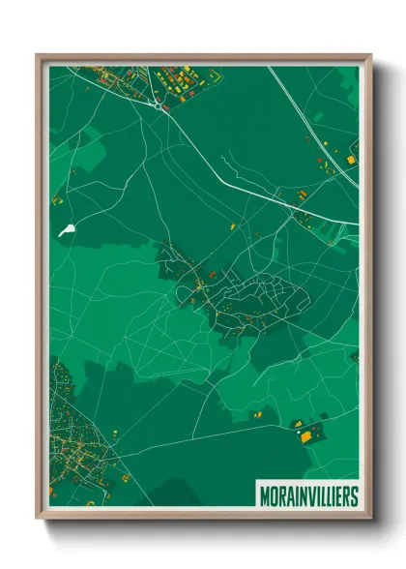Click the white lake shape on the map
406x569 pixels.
coord(67,230)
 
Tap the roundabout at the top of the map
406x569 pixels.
coord(158,105)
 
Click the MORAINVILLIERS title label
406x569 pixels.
coord(307,495)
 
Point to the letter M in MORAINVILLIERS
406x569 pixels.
coord(265,495)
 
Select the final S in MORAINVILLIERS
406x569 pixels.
coord(354,495)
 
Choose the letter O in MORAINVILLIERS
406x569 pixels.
coord(274,495)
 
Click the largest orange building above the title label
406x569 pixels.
coord(306,436)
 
